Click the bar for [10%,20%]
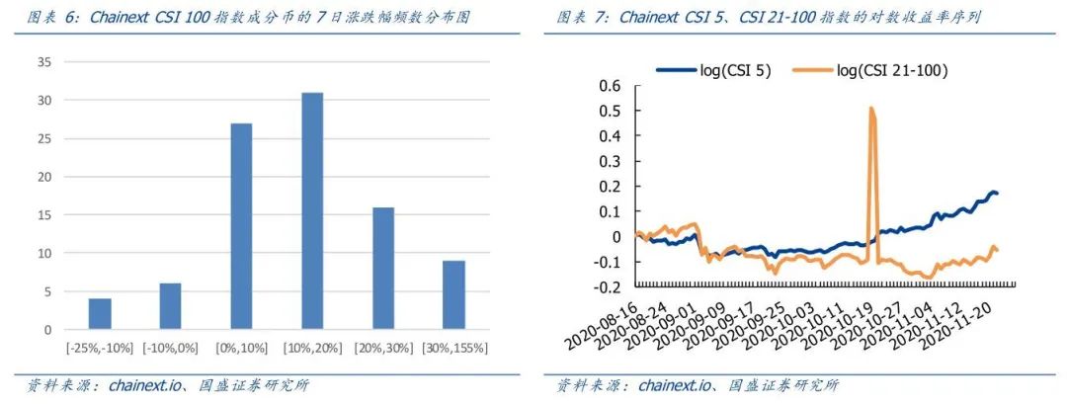click(x=312, y=210)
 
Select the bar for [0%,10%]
click(x=241, y=226)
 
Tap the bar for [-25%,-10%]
click(x=100, y=313)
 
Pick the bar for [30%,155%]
click(x=453, y=294)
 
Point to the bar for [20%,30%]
click(x=382, y=268)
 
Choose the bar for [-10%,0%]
click(x=171, y=306)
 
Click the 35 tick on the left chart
click(x=43, y=61)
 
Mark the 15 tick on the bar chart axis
click(x=43, y=214)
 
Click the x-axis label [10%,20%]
click(x=312, y=349)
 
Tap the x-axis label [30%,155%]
click(x=453, y=349)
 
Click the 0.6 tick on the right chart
click(x=610, y=86)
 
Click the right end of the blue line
click(x=997, y=193)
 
